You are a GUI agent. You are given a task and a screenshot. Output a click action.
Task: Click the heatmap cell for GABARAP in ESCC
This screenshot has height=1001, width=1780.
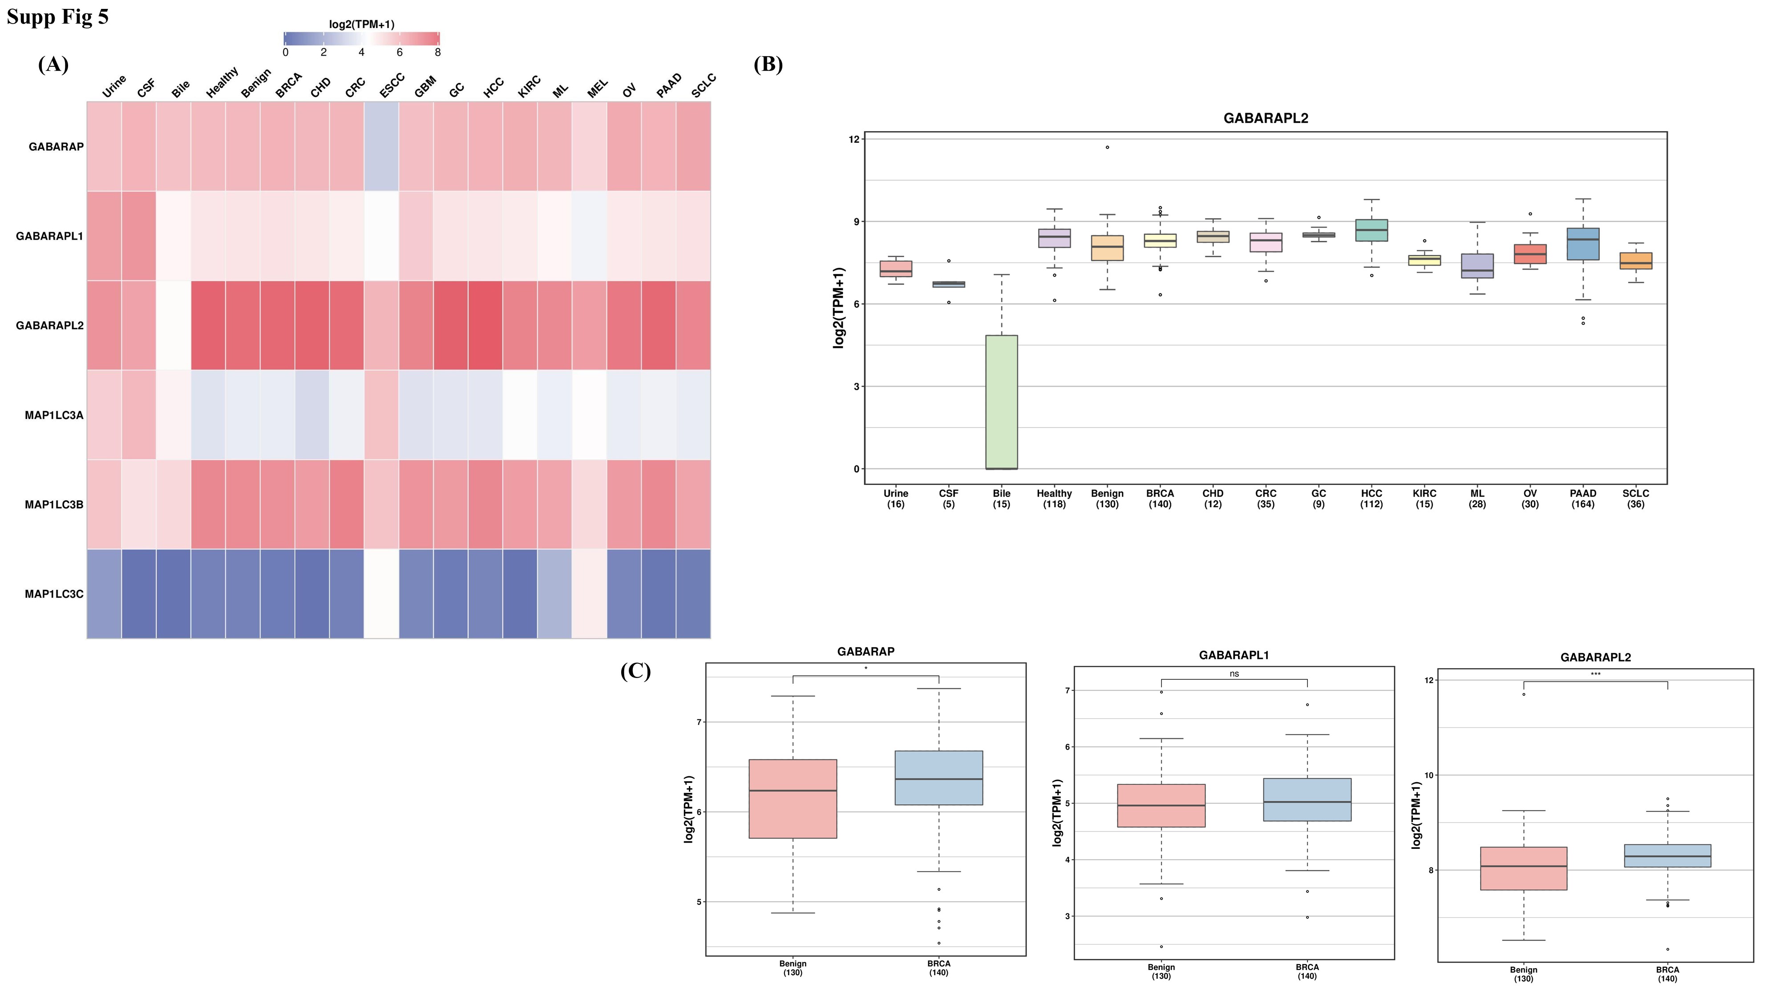tap(381, 146)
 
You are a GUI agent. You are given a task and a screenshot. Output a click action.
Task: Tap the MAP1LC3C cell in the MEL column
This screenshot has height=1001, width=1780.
tap(590, 594)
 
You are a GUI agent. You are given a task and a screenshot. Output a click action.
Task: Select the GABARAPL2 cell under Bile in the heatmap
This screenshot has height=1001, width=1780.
tap(174, 325)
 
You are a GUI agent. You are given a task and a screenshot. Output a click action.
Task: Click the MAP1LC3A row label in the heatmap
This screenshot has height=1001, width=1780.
tap(54, 415)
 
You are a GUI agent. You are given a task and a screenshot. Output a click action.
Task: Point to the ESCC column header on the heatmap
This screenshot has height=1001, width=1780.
tap(391, 86)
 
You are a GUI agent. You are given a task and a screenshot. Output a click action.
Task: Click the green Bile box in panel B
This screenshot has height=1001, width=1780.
tap(1001, 402)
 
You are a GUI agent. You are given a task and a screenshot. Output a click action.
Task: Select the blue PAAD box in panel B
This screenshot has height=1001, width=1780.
tap(1582, 244)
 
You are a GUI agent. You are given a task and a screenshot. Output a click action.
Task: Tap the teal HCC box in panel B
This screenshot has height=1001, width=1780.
tap(1371, 230)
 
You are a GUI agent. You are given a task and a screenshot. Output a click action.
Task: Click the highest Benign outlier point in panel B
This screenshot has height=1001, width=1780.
tap(1107, 147)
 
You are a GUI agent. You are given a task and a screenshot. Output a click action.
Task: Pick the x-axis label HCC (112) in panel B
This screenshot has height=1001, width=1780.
tap(1371, 499)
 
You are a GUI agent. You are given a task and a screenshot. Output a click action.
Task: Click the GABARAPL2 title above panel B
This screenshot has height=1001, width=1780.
tap(1265, 118)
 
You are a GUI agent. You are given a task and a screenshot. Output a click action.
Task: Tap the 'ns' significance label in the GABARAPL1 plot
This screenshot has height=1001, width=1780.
tap(1234, 674)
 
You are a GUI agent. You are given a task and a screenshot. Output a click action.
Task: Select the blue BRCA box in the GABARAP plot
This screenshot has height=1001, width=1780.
tap(939, 778)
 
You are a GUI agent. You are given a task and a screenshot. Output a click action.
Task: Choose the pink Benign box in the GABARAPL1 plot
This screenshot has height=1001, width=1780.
tap(1161, 806)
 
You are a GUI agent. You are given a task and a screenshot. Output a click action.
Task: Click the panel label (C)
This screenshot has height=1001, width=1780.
tap(635, 671)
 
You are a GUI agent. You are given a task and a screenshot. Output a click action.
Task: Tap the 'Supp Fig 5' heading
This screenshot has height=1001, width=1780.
tap(57, 16)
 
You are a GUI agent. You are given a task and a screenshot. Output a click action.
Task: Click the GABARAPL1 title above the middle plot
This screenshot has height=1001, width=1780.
tap(1234, 655)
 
